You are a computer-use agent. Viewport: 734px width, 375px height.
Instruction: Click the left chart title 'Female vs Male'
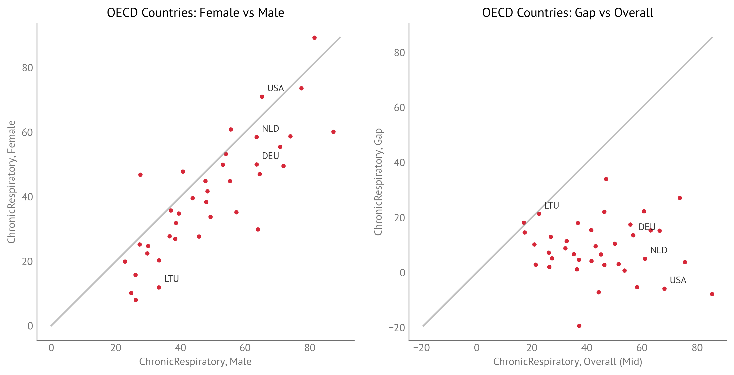point(195,13)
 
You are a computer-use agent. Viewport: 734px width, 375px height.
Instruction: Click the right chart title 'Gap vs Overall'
point(568,13)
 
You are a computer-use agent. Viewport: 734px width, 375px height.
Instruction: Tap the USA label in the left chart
point(275,88)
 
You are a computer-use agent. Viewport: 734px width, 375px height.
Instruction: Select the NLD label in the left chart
point(270,129)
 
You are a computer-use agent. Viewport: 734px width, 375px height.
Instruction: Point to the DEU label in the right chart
point(647,227)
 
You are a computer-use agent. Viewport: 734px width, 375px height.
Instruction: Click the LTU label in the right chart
point(552,206)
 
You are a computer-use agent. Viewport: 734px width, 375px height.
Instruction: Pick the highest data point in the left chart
point(315,38)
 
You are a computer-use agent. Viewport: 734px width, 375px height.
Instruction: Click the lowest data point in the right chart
point(579,326)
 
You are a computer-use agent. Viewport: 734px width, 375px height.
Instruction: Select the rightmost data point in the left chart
point(333,132)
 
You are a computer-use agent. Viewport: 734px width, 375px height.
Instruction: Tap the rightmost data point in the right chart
point(712,294)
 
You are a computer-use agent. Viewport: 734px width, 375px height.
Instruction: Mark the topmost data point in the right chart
point(606,179)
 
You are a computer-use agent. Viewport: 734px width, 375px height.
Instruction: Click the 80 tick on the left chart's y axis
point(28,68)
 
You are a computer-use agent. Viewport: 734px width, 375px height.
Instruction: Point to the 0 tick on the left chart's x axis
point(51,348)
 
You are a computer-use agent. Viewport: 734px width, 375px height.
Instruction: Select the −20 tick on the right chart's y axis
point(397,328)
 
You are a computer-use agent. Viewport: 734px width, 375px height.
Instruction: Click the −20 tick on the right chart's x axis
point(421,348)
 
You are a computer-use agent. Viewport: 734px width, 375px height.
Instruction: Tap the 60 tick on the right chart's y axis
point(399,108)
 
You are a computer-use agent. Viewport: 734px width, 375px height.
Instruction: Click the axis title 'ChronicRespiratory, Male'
point(195,362)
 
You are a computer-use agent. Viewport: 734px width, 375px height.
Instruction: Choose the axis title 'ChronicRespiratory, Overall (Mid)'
point(568,362)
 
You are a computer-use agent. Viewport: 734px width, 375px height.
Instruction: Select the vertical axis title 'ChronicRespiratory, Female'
point(12,182)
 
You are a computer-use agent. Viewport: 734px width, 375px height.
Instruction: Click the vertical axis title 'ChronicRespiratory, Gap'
point(378,182)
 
